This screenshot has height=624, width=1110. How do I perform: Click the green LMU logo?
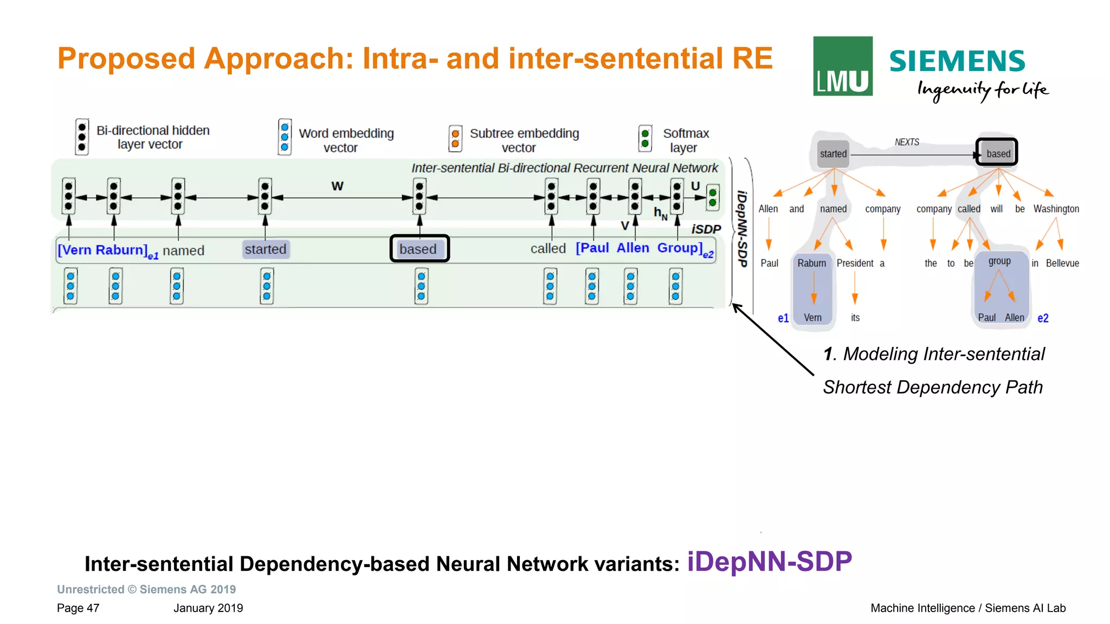click(842, 66)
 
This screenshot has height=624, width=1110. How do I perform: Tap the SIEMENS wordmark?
click(957, 61)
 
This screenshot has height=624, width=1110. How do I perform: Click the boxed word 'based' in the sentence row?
click(419, 249)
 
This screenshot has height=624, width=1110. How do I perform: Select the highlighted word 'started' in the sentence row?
click(265, 249)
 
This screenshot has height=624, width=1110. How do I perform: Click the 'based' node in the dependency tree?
click(997, 153)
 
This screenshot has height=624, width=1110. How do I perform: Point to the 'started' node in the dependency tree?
click(832, 153)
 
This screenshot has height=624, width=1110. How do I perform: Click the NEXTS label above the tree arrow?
click(906, 142)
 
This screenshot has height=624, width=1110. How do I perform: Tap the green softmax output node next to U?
click(713, 198)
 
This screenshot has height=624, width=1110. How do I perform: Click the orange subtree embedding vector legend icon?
click(455, 138)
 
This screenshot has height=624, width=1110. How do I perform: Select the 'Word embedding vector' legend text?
click(346, 140)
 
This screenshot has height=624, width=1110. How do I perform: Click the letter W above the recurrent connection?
click(337, 186)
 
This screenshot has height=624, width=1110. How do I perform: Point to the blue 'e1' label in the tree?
click(783, 318)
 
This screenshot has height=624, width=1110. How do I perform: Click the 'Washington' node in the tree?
click(1055, 209)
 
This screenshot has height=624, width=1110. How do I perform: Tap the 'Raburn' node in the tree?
click(811, 263)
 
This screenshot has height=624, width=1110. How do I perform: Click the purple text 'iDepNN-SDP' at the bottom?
click(769, 562)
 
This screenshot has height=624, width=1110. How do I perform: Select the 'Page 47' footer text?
click(78, 608)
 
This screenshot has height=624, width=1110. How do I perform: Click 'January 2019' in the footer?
click(208, 608)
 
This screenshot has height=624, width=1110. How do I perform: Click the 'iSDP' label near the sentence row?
click(706, 229)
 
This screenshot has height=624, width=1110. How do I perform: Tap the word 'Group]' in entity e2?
click(680, 248)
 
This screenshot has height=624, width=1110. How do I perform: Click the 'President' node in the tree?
click(854, 263)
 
